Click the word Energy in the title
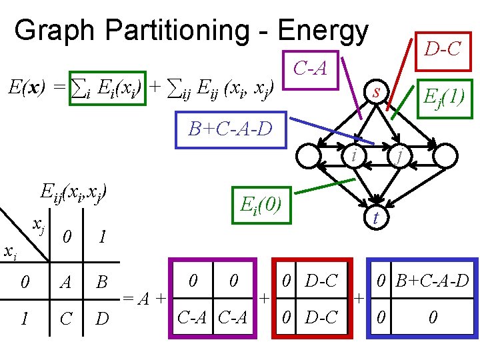coord(323,31)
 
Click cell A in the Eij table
coord(65,282)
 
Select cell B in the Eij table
coord(102,282)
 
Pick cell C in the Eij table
coord(65,319)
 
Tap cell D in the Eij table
coord(102,319)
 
